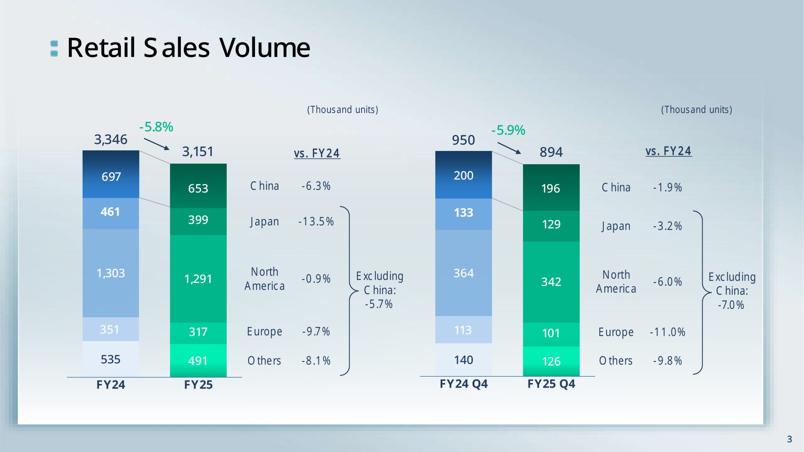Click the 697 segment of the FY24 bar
click(x=111, y=174)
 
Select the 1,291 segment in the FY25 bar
click(x=198, y=279)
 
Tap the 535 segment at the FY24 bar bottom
click(x=111, y=359)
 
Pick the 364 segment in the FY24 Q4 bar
click(x=464, y=273)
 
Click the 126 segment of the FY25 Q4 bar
click(x=551, y=361)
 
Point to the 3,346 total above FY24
click(x=111, y=139)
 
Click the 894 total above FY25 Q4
click(x=551, y=152)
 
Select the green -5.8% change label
click(x=156, y=127)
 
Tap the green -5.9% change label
click(x=508, y=130)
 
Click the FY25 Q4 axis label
click(x=551, y=384)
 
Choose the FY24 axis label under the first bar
click(x=111, y=385)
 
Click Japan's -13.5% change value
click(x=316, y=221)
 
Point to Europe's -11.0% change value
click(x=667, y=332)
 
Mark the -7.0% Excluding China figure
click(x=731, y=305)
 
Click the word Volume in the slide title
click(x=264, y=47)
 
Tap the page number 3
click(x=789, y=439)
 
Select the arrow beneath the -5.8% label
click(x=156, y=144)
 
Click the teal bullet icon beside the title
click(x=54, y=48)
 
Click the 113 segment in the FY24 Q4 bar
click(x=464, y=330)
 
